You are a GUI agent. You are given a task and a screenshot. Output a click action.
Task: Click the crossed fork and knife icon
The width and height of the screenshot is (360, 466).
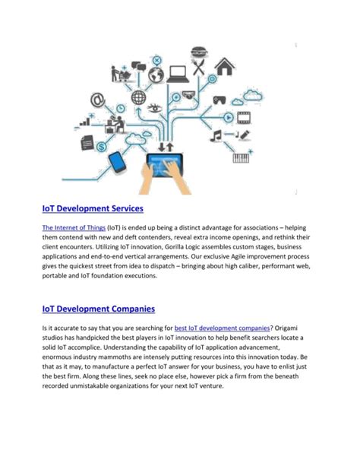199,68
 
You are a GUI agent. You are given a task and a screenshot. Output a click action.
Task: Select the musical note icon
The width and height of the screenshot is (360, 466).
218,135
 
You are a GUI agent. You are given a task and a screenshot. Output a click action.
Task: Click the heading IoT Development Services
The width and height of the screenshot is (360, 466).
92,208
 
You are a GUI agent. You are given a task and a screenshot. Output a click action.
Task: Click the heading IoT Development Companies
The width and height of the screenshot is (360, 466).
98,309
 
